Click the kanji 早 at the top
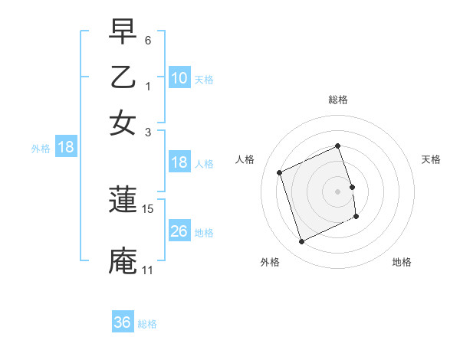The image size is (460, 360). (x=123, y=33)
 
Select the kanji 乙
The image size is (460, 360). (x=123, y=79)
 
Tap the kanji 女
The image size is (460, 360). (x=123, y=123)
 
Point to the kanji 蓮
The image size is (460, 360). (x=123, y=201)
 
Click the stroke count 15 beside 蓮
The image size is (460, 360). (x=148, y=208)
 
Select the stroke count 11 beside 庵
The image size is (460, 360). (x=148, y=270)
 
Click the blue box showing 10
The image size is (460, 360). (x=179, y=78)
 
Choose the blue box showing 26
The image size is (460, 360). (x=179, y=231)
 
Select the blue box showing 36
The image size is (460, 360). (x=123, y=322)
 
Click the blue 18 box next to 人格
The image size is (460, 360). (x=179, y=162)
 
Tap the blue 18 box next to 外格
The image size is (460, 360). (x=66, y=147)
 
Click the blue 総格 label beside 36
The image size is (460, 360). (x=147, y=324)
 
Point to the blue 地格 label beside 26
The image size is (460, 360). (x=204, y=232)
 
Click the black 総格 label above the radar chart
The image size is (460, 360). (x=338, y=100)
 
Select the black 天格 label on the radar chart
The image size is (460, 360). (x=431, y=159)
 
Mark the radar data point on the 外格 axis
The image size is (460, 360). (x=302, y=242)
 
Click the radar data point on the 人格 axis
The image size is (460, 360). (x=280, y=172)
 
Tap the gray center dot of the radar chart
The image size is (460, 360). (x=338, y=191)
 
